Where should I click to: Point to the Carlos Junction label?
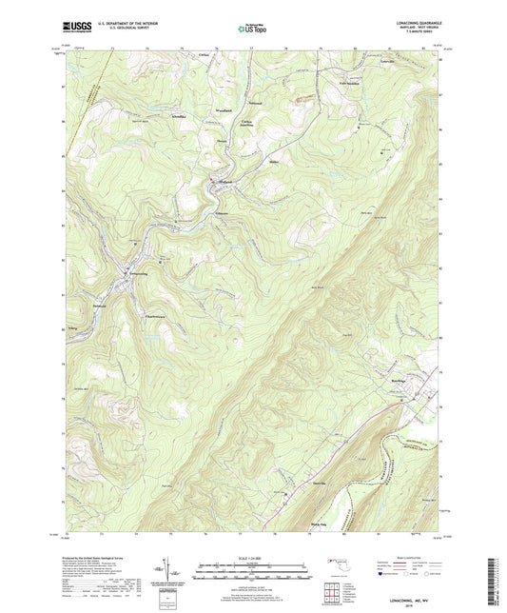248,125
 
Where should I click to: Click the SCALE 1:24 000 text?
252,559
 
